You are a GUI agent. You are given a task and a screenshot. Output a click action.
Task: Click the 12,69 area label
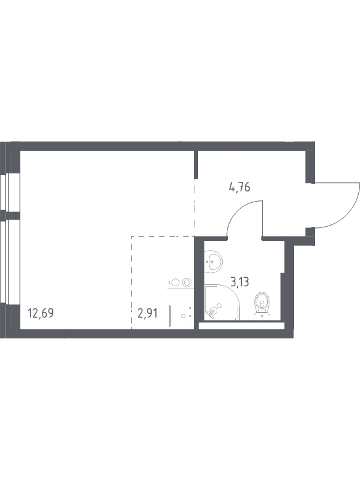pos(41,313)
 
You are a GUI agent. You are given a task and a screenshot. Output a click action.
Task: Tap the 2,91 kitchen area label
pos(148,313)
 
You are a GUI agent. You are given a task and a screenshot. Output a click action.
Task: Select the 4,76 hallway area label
pos(239,187)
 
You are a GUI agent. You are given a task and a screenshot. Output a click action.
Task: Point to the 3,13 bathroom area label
pos(239,281)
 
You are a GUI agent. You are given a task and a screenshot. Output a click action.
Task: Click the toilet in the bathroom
pos(262,305)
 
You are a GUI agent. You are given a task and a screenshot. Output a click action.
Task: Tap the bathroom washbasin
pos(213,262)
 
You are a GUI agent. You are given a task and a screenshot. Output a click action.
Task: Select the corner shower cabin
pos(221,302)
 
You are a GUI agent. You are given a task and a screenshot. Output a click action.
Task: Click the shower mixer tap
pos(212,312)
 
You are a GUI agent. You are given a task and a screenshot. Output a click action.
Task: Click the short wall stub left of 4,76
pos(196,164)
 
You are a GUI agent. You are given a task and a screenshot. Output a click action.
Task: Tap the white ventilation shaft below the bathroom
pos(242,326)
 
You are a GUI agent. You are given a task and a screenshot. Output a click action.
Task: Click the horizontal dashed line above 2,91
pos(163,236)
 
